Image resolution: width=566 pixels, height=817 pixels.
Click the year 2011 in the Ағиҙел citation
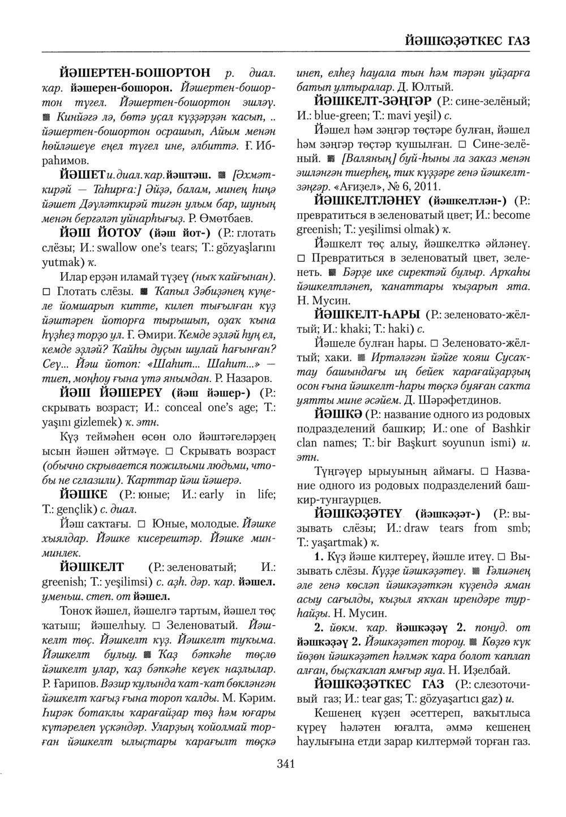click(426, 186)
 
